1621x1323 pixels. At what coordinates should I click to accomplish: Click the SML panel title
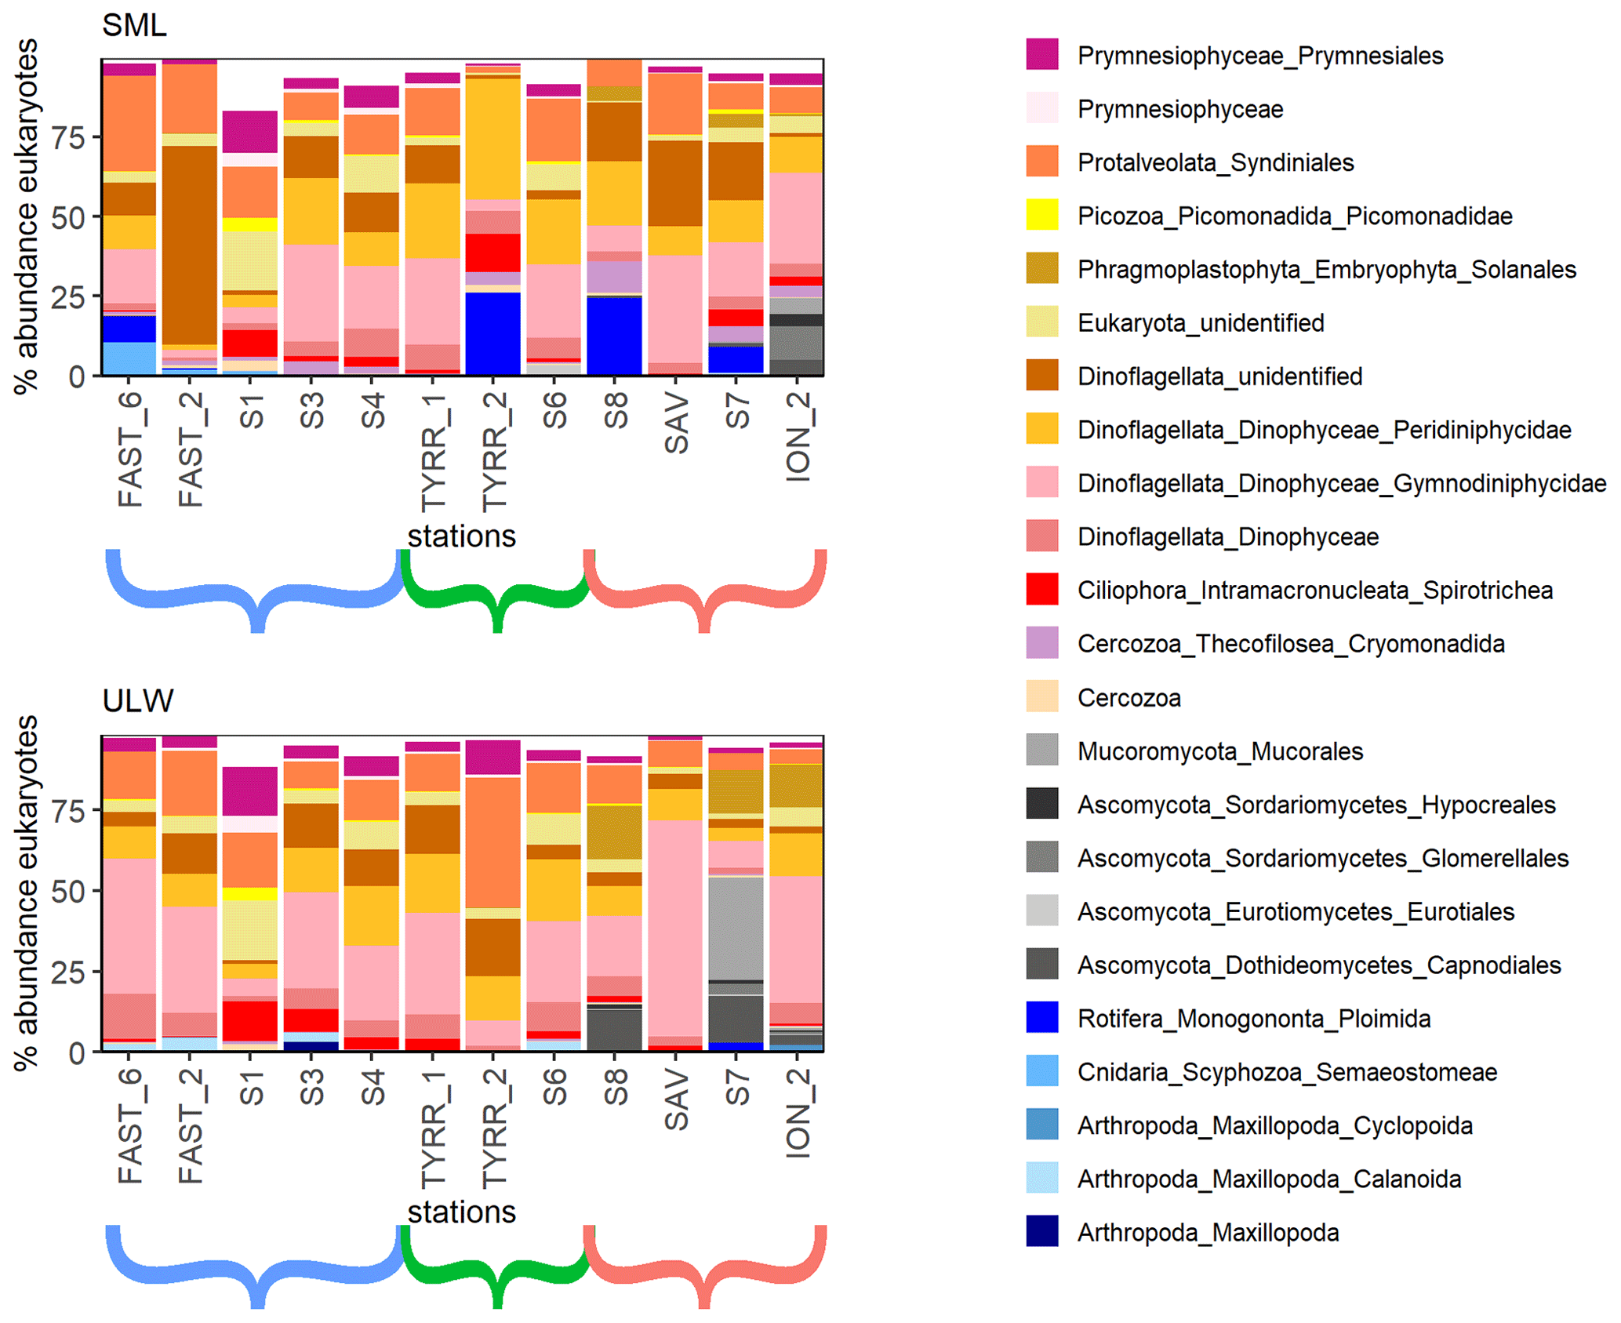click(x=134, y=26)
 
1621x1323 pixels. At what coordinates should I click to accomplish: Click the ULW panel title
click(x=137, y=700)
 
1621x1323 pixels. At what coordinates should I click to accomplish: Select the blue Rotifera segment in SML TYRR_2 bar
click(x=492, y=333)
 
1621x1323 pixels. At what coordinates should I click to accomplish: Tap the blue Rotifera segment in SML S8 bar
click(x=614, y=335)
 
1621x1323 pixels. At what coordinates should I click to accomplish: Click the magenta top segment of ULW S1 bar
click(x=249, y=791)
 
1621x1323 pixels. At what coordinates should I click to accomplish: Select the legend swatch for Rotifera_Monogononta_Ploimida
click(x=1041, y=1017)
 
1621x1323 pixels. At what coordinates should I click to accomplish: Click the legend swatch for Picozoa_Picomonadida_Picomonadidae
click(x=1041, y=215)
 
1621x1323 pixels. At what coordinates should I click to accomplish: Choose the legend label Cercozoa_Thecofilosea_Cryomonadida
click(x=1290, y=644)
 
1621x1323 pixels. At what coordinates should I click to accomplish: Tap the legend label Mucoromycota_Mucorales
click(x=1219, y=751)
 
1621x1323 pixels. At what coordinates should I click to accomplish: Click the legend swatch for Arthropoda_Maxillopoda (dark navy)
click(x=1041, y=1231)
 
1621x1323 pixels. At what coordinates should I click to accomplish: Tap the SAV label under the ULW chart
click(x=676, y=1102)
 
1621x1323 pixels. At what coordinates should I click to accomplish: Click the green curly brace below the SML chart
click(x=496, y=596)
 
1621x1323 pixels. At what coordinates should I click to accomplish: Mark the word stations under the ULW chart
click(x=461, y=1212)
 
